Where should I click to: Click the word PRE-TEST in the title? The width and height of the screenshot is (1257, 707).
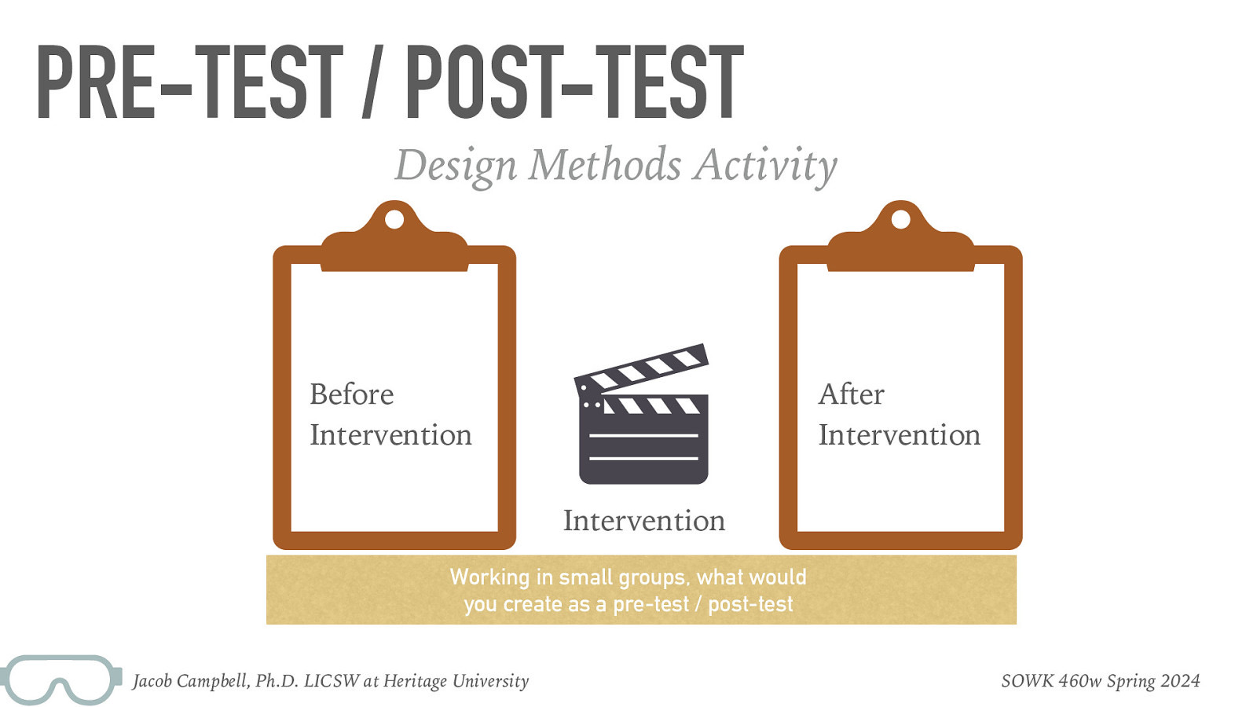click(189, 82)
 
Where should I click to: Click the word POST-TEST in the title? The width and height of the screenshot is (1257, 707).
click(574, 82)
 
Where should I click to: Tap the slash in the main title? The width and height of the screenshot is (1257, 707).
click(374, 82)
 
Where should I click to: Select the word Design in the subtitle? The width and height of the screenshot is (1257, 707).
click(456, 166)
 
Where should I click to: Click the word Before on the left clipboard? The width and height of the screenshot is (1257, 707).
click(351, 394)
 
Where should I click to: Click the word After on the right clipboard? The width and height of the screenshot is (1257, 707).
click(851, 394)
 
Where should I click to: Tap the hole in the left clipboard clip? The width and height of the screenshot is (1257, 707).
click(394, 218)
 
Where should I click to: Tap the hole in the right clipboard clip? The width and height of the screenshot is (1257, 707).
click(900, 218)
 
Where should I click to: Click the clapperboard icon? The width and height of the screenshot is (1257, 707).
click(643, 416)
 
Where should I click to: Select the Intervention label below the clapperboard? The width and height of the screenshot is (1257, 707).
click(643, 521)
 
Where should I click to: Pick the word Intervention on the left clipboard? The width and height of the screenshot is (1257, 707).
click(390, 435)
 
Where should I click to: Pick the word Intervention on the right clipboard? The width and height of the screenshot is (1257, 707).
click(899, 435)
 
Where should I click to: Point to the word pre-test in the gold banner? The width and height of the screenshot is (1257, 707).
click(650, 605)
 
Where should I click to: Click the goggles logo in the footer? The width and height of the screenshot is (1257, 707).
click(61, 679)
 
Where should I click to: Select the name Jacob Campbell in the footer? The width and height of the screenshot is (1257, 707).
click(191, 681)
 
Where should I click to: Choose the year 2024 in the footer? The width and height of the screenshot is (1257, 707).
click(1180, 681)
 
